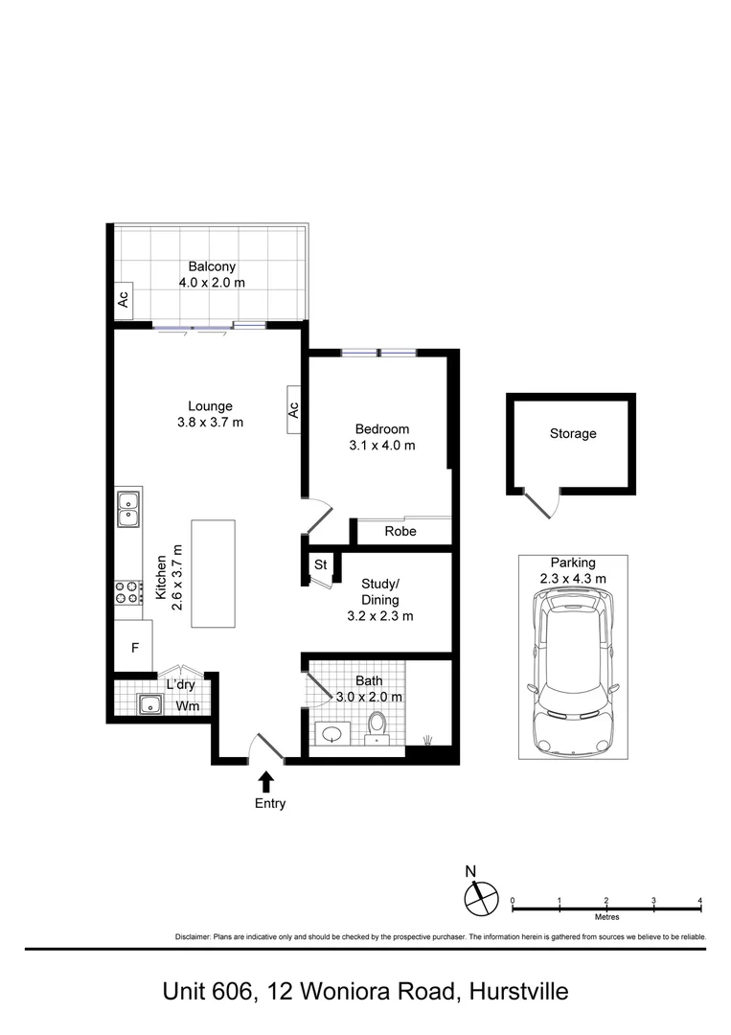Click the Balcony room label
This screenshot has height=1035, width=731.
click(212, 266)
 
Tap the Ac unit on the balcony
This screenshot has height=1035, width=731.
click(123, 300)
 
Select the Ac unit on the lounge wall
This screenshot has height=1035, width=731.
click(293, 410)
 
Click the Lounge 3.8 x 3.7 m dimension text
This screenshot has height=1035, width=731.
click(210, 423)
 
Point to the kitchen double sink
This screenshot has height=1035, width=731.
click(128, 508)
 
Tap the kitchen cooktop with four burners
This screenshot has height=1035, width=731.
click(128, 592)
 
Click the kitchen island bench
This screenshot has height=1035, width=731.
click(213, 574)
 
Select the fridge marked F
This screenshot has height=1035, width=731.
click(134, 646)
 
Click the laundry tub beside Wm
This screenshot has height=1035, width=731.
click(151, 704)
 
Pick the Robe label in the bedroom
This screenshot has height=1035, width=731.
click(400, 531)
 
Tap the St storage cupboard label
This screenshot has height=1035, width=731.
click(321, 565)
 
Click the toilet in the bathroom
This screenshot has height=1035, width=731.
click(377, 726)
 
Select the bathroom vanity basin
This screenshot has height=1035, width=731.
click(332, 733)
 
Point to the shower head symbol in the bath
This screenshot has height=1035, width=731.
click(428, 739)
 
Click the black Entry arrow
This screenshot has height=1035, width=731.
click(266, 782)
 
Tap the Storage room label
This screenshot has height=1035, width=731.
click(573, 434)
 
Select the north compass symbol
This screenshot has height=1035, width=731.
click(480, 898)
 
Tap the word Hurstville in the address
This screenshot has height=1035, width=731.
click(518, 992)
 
